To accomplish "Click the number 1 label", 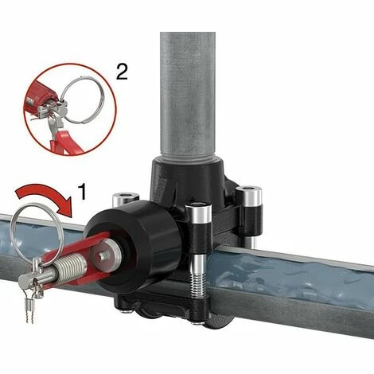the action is click(x=83, y=192).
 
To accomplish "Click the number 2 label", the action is click(x=123, y=72).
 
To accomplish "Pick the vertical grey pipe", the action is click(x=188, y=96).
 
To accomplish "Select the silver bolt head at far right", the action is click(x=249, y=195).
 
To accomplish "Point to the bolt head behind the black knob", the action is click(x=125, y=199).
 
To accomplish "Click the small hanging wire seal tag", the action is click(x=29, y=307).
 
